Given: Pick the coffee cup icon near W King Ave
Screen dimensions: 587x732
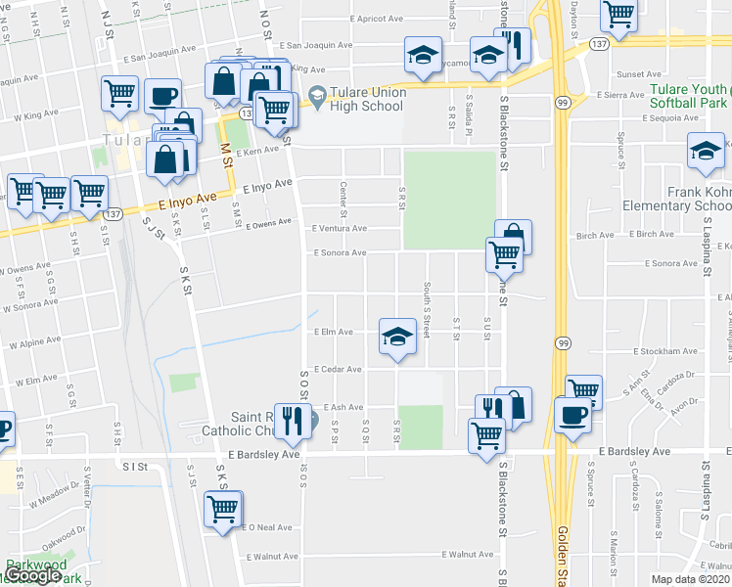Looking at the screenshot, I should [162, 97].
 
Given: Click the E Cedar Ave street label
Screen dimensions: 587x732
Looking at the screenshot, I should [339, 370].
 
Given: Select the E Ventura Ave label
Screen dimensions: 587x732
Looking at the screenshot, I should [339, 228].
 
